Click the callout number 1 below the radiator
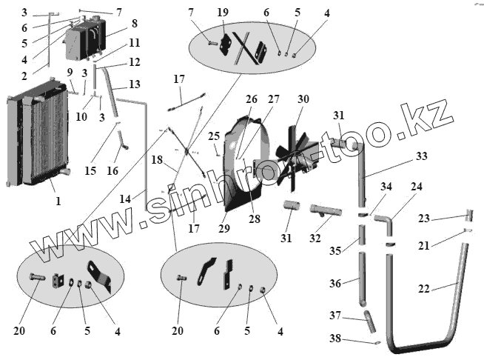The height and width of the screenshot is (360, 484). click(58, 200)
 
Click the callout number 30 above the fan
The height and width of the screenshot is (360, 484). click(303, 100)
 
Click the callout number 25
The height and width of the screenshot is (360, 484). click(215, 136)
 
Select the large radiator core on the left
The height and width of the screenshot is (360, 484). click(41, 141)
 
